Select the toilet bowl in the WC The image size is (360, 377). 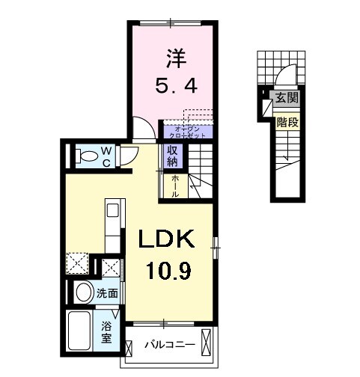[x=88, y=156]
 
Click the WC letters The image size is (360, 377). [x=106, y=156]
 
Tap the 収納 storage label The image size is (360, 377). [x=172, y=156]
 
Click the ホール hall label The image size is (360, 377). [x=174, y=186]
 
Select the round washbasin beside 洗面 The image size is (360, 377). [x=83, y=292]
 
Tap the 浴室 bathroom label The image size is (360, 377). [x=106, y=331]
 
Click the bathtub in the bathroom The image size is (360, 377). [x=82, y=330]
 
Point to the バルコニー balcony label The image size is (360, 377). [x=171, y=345]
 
